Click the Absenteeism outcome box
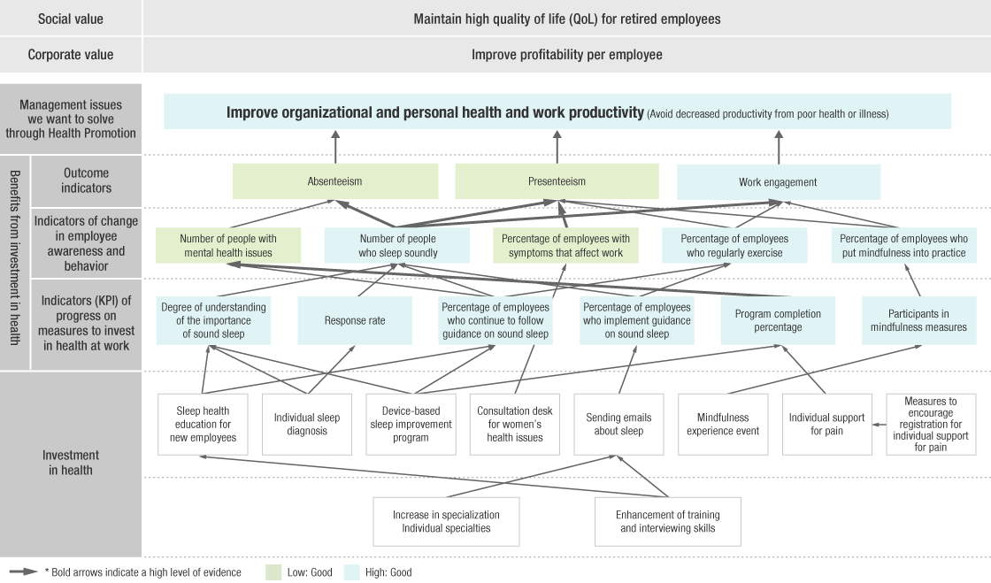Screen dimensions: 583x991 click(x=335, y=181)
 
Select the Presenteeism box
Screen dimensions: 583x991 click(x=557, y=181)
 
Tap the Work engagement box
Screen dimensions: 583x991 click(x=778, y=182)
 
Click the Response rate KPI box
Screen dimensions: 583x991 click(x=355, y=320)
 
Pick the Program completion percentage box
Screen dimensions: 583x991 click(x=778, y=320)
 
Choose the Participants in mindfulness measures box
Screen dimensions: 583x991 click(x=919, y=320)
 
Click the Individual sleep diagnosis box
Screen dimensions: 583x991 click(x=306, y=425)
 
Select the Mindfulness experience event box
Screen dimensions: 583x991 click(x=723, y=425)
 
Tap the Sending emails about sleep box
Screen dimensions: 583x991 click(x=618, y=425)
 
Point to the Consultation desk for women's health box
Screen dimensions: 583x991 click(x=515, y=425)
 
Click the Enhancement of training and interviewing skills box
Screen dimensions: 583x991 click(x=669, y=521)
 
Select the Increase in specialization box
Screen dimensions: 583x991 click(x=446, y=521)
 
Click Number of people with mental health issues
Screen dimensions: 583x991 click(x=228, y=246)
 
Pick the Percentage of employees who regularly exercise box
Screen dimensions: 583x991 click(x=734, y=246)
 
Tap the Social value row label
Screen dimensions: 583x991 click(x=71, y=19)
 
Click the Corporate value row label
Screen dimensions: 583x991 click(x=71, y=55)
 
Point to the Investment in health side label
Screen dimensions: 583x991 click(x=71, y=463)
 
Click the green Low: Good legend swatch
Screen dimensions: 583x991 click(x=274, y=572)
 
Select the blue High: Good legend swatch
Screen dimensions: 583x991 click(x=351, y=572)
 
